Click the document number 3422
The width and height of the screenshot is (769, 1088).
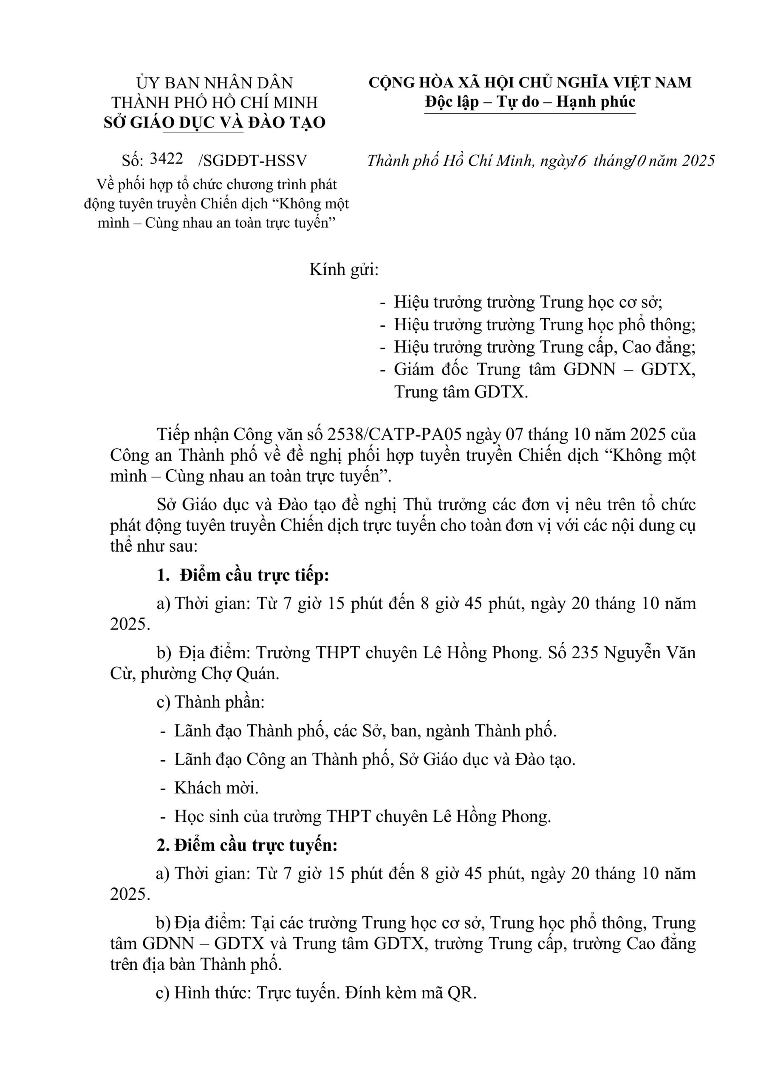166,159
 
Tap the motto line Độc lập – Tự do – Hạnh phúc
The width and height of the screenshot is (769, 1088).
530,102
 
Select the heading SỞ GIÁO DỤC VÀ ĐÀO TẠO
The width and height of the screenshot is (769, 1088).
215,122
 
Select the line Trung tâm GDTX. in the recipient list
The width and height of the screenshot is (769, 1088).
461,392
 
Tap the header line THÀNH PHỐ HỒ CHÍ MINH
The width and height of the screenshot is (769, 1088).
215,102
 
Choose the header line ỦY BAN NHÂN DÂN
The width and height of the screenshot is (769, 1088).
215,83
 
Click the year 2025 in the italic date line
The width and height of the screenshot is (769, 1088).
698,161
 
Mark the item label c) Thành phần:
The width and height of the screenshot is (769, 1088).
210,702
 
